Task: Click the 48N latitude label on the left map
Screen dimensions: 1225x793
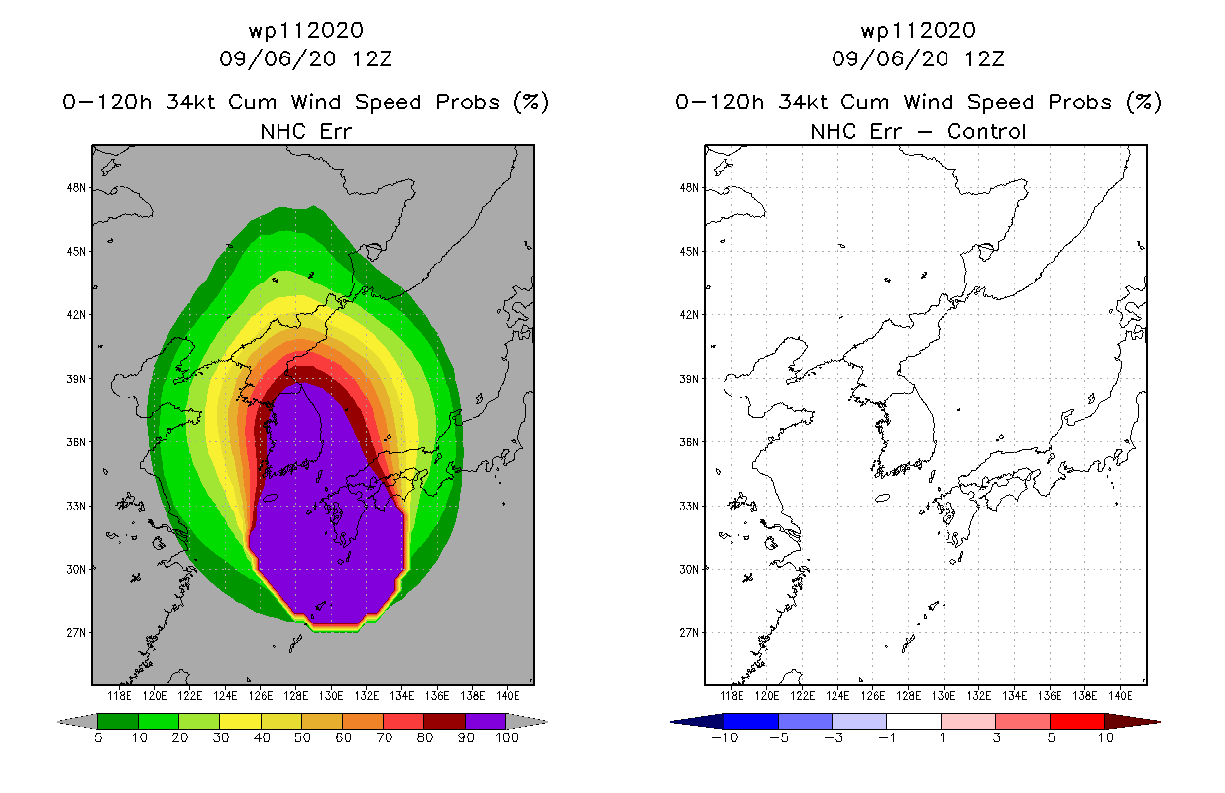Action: tap(76, 188)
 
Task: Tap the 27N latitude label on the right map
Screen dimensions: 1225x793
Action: tap(689, 633)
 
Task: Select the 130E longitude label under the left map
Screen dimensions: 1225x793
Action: tap(331, 696)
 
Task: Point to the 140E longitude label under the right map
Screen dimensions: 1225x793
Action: tap(1120, 696)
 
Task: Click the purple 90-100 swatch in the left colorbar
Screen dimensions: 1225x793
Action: tap(486, 721)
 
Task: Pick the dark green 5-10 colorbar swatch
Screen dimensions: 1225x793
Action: tap(118, 721)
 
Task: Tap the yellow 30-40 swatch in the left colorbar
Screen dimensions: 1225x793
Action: tap(240, 721)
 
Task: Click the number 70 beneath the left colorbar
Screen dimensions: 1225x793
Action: tap(384, 737)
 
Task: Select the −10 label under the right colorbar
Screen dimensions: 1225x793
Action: tap(724, 737)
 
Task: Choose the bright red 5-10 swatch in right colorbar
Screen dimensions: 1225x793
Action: tap(1077, 721)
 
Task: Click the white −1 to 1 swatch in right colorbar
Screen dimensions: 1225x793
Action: tap(914, 721)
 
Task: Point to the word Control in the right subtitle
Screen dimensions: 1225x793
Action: tap(986, 131)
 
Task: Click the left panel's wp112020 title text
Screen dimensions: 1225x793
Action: tap(306, 31)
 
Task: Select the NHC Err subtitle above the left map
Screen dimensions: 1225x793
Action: tap(306, 131)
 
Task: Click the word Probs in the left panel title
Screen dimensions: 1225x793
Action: tap(467, 102)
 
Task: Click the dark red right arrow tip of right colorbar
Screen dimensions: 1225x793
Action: tap(1159, 722)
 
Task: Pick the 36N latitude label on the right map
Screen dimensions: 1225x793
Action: tap(689, 442)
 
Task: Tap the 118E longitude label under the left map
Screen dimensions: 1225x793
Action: tap(119, 696)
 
